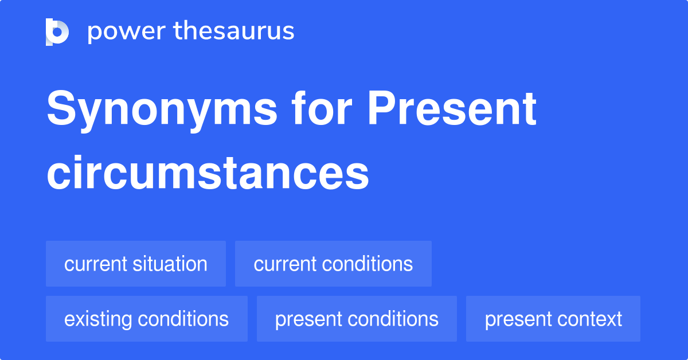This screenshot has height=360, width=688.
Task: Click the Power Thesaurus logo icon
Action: coord(57,32)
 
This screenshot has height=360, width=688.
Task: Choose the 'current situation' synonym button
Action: coord(136,264)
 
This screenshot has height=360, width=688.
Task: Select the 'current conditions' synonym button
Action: coord(333,264)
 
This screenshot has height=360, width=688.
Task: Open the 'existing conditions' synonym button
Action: coord(147,319)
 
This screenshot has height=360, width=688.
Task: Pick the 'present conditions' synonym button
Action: coord(357,319)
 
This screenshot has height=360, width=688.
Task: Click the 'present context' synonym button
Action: coord(553,319)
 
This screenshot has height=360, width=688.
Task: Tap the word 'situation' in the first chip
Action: coord(171,264)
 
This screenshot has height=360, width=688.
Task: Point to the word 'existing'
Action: coord(97,319)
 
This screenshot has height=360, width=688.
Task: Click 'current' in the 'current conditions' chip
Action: coord(284,264)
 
